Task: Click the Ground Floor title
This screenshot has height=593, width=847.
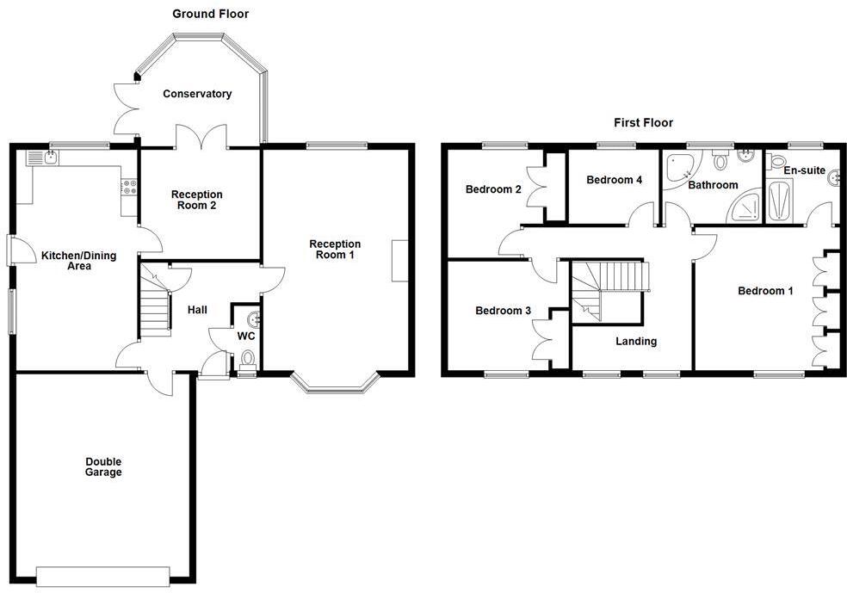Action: pyautogui.click(x=211, y=14)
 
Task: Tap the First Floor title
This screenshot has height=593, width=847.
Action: pyautogui.click(x=643, y=123)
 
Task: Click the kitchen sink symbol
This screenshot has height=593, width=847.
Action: pyautogui.click(x=43, y=157)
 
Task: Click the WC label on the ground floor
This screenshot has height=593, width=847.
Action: pyautogui.click(x=245, y=337)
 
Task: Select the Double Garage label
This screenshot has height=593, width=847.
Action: pyautogui.click(x=103, y=466)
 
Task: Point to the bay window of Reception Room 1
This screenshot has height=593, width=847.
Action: pyautogui.click(x=336, y=386)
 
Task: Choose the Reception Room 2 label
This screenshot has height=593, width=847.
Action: pyautogui.click(x=196, y=201)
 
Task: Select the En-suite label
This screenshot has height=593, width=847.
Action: pyautogui.click(x=803, y=171)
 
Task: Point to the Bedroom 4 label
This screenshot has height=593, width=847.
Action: pyautogui.click(x=614, y=180)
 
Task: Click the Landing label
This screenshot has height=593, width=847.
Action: pyautogui.click(x=636, y=341)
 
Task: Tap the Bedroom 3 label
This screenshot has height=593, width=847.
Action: pyautogui.click(x=504, y=311)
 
